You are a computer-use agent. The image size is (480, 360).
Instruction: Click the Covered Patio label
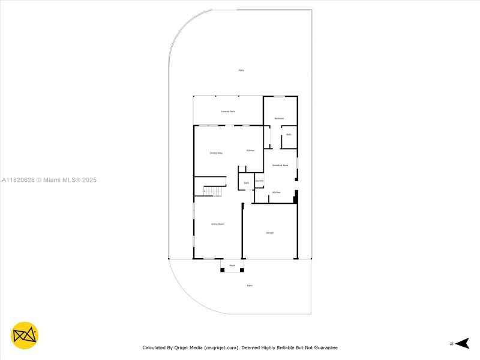point(227,112)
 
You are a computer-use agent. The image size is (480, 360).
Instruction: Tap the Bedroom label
point(279,118)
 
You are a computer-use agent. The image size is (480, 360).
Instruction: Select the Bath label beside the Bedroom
point(289,134)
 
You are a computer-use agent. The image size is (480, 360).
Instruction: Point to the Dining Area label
point(216,153)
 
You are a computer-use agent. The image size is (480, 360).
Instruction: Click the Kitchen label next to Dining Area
point(251,150)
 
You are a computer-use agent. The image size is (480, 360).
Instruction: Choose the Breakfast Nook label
point(280,165)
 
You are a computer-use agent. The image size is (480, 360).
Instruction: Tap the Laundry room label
point(259,181)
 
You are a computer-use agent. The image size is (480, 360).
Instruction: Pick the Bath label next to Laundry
point(246,183)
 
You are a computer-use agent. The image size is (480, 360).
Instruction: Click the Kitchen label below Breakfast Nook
point(276,192)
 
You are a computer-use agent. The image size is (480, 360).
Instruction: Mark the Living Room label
point(217,224)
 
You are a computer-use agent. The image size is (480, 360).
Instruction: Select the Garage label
point(270,232)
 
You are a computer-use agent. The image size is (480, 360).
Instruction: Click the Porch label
point(232,265)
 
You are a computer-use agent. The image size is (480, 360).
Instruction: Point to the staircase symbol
point(213,191)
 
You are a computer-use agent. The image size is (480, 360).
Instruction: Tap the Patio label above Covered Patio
point(241,70)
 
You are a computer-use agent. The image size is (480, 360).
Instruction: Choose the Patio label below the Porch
point(250,286)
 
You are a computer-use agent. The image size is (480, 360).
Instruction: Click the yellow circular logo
point(25,336)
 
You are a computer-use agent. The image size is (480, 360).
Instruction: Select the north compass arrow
point(461,343)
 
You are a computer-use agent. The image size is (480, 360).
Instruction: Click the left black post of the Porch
point(222,270)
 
